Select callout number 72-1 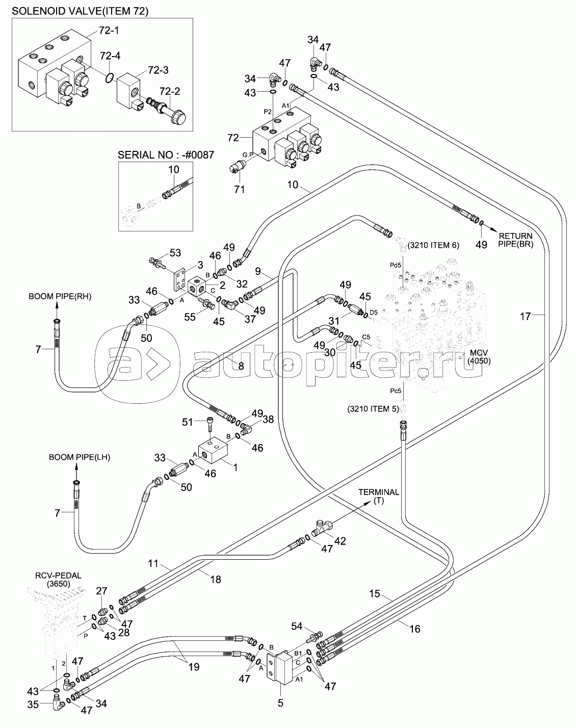point(108,31)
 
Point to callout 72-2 point(170,91)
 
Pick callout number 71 point(239,190)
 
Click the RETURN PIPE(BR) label point(515,240)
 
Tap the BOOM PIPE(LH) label point(79,457)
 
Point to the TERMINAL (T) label point(378,496)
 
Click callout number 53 point(175,252)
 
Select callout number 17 point(525,316)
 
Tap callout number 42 point(339,541)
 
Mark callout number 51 point(189,422)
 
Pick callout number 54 point(297,626)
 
